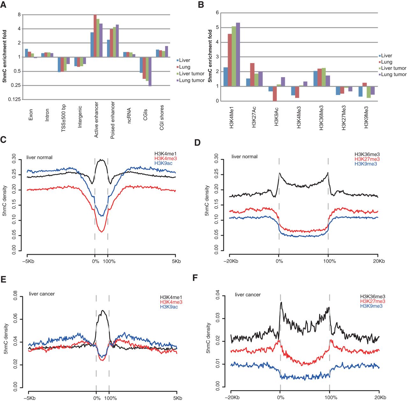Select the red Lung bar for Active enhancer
[x=95, y=36]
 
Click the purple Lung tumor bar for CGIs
[x=150, y=72]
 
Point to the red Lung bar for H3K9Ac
[x=274, y=94]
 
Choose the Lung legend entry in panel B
[x=386, y=62]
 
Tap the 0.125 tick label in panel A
[x=14, y=99]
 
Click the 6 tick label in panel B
[x=217, y=13]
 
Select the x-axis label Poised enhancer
[x=113, y=120]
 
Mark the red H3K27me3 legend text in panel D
[x=367, y=159]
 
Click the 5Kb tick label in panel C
[x=176, y=261]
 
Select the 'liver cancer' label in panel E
[x=42, y=294]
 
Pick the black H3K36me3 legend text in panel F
[x=373, y=297]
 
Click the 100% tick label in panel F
[x=331, y=397]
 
